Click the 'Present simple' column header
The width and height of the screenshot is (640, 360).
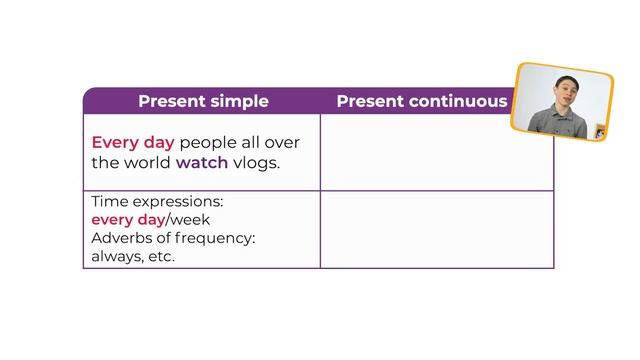point(203,101)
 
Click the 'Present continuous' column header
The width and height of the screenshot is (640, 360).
point(421,101)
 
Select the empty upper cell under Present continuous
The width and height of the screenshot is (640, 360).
point(436,152)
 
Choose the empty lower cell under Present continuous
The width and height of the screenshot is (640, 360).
point(436,229)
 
